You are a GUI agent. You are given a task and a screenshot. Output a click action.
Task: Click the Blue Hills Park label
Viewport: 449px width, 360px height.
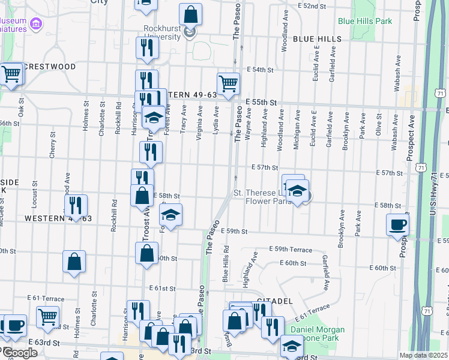364,21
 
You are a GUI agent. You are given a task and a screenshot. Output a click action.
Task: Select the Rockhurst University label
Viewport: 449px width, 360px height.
162,32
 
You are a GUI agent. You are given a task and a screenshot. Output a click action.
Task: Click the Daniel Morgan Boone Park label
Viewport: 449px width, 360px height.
318,334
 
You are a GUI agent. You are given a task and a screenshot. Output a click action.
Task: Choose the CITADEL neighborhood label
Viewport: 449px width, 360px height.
274,299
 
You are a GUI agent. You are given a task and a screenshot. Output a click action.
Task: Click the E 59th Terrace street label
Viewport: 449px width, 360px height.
291,249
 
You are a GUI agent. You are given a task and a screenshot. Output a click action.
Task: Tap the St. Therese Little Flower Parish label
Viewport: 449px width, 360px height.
262,197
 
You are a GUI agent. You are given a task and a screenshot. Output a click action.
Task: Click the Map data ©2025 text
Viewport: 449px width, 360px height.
423,355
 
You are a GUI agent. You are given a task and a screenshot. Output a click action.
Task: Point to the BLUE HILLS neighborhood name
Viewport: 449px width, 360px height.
317,39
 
